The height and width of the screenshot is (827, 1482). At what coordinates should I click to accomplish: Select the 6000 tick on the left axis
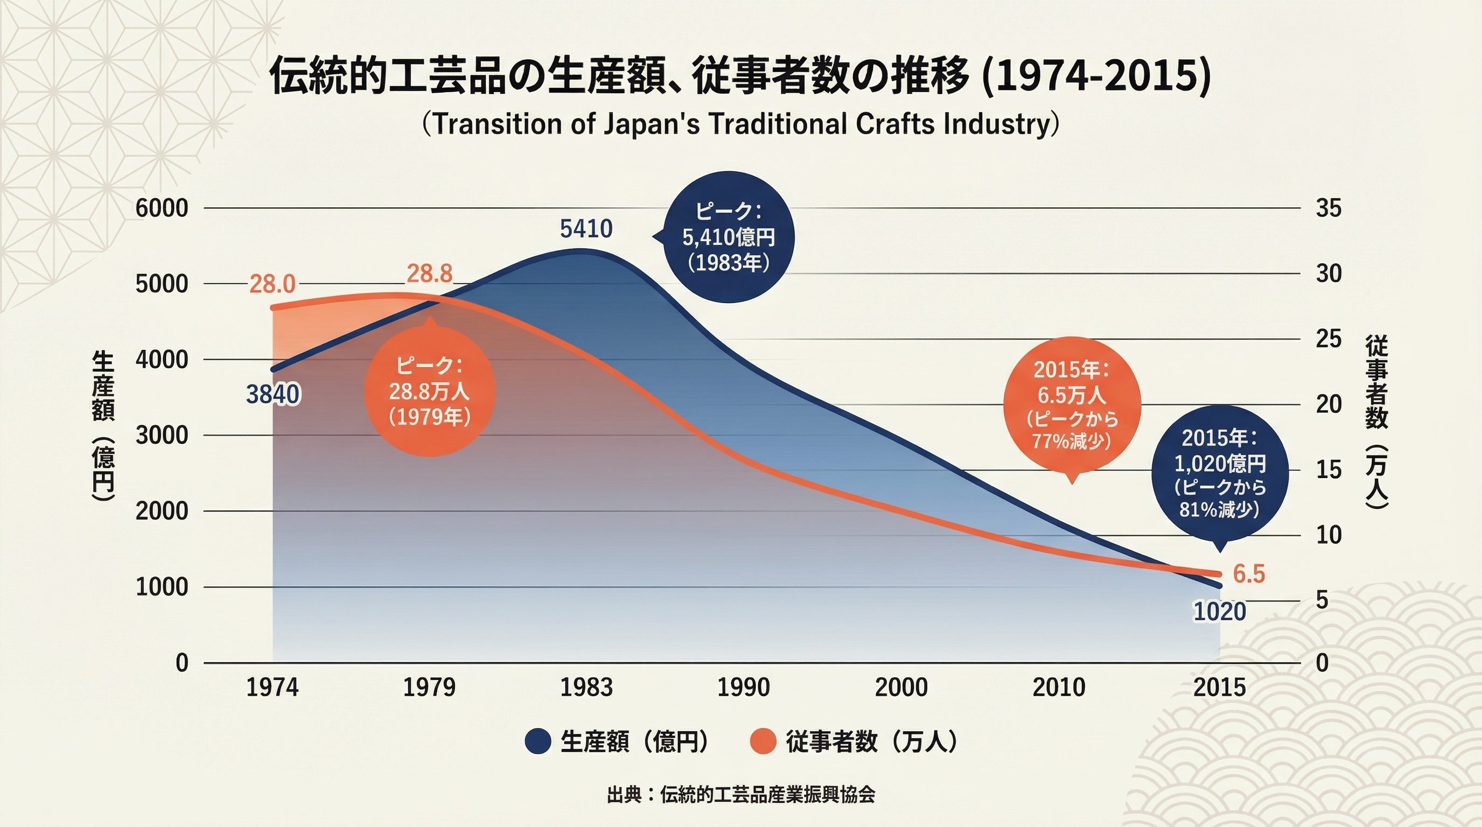click(x=162, y=208)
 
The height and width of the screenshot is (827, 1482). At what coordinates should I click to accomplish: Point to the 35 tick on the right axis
click(x=1329, y=208)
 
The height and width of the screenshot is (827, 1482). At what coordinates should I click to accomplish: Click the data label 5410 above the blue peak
click(x=586, y=229)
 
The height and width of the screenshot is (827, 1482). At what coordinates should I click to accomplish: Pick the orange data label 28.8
click(x=430, y=274)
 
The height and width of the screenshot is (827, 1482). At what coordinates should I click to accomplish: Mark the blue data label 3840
click(x=272, y=395)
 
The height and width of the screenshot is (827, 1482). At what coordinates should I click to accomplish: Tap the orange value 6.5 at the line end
click(x=1249, y=574)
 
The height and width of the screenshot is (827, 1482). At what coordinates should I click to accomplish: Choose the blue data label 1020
click(x=1220, y=611)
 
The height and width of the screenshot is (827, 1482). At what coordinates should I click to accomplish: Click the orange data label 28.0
click(x=272, y=284)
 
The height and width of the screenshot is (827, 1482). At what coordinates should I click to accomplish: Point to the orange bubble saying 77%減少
click(x=1071, y=406)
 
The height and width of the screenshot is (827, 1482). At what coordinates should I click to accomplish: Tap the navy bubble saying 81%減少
click(x=1220, y=474)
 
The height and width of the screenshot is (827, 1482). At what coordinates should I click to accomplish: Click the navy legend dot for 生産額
click(x=538, y=741)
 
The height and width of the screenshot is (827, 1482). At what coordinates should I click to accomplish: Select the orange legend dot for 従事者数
click(x=764, y=741)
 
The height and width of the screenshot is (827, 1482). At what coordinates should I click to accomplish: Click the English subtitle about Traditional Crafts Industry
click(x=740, y=124)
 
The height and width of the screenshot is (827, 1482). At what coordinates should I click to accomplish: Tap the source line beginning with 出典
click(x=741, y=794)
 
